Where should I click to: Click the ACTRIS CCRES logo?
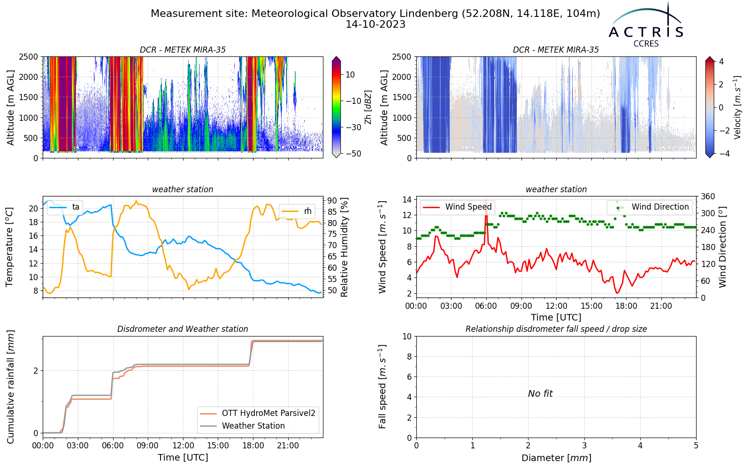646,25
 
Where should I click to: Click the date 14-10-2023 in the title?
375,24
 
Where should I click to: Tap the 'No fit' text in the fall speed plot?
540,393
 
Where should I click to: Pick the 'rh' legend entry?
297,211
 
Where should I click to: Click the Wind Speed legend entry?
457,207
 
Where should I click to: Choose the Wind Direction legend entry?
648,207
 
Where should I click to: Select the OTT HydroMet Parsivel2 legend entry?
258,413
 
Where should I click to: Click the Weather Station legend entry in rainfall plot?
242,426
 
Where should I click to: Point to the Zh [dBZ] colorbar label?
368,107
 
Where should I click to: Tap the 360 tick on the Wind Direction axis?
708,196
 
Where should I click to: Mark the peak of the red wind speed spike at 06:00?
486,200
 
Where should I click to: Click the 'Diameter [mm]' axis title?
556,458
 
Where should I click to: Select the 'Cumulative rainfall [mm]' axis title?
10,387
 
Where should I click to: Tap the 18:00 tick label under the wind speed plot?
626,306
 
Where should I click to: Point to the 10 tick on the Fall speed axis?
407,337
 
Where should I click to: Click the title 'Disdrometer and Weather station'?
183,329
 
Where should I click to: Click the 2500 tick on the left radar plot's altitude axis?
29,57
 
